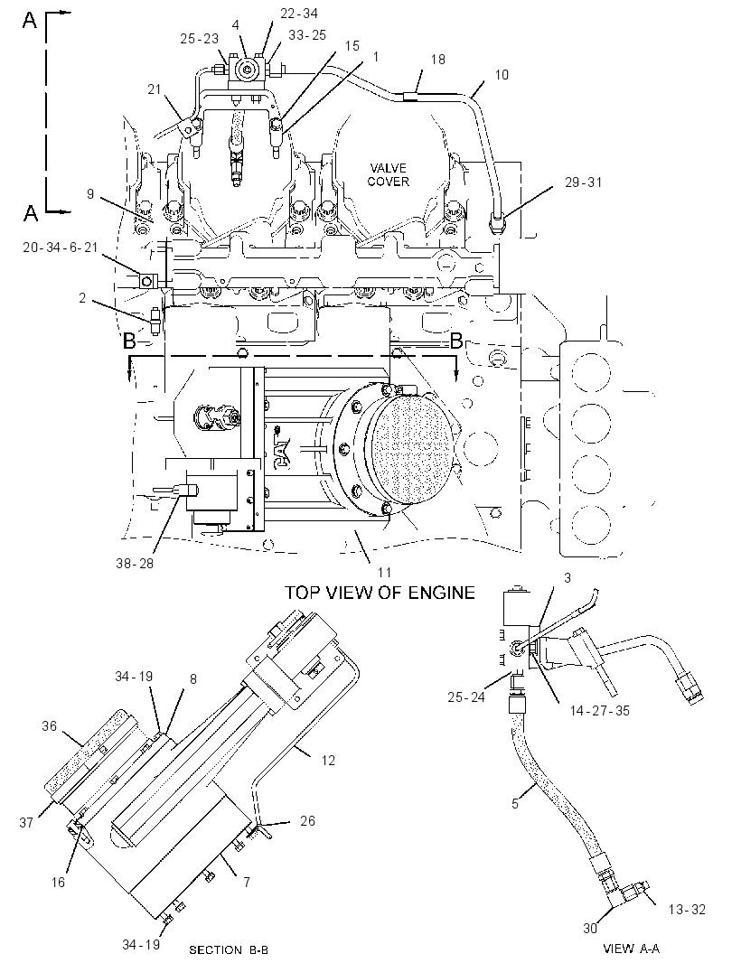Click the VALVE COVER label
point(389,174)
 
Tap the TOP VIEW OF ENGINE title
point(380,593)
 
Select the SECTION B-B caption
point(229,949)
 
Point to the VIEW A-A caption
point(631,949)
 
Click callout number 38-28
point(135,563)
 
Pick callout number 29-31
point(584,182)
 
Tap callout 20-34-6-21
point(61,247)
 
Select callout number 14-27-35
point(600,711)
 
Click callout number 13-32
point(687,910)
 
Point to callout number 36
point(49,726)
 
